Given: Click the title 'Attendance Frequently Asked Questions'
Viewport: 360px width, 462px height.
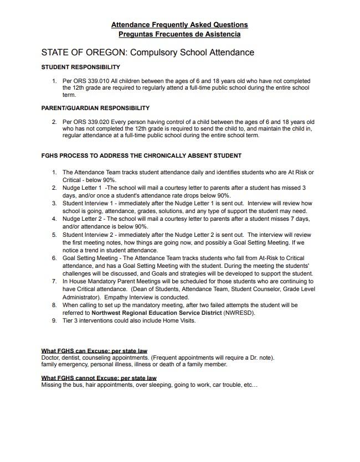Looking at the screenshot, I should [x=179, y=25].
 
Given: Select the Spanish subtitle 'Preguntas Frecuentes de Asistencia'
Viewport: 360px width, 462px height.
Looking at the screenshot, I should [x=179, y=34].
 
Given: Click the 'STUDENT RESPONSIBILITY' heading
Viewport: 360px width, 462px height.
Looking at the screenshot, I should [x=80, y=68].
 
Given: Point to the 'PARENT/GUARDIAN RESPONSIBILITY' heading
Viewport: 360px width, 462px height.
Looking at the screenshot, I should [x=95, y=108].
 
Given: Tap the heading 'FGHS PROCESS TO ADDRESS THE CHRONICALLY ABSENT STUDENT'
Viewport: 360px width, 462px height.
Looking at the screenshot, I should [x=141, y=155].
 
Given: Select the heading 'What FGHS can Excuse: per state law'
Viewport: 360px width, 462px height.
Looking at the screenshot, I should [x=94, y=351].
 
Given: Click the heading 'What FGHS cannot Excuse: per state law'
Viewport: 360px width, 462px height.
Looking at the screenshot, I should [x=99, y=378].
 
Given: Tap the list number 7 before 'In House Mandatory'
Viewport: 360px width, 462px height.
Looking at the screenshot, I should [x=54, y=282].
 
